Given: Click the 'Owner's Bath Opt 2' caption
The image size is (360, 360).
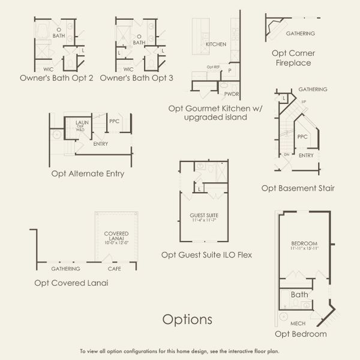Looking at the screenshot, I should click(56, 78).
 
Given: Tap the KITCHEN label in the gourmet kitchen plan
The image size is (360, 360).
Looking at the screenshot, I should click(215, 45).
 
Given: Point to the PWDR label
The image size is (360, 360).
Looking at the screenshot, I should click(232, 94).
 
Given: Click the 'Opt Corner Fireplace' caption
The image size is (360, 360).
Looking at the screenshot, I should click(293, 58).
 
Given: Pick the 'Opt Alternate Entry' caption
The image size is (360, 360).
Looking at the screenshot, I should click(88, 174).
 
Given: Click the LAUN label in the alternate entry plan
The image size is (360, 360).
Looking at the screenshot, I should click(82, 122).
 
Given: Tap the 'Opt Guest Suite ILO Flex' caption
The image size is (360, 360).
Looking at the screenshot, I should click(206, 255).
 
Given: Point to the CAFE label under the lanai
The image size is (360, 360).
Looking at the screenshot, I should click(114, 269).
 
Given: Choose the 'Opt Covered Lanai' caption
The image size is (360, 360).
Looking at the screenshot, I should click(71, 283).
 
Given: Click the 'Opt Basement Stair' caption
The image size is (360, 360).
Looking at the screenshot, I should click(298, 188).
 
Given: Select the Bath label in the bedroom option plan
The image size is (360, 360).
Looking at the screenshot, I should click(299, 295).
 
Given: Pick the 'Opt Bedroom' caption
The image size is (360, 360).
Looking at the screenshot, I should click(301, 334).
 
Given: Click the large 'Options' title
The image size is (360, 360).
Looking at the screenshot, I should click(187, 319).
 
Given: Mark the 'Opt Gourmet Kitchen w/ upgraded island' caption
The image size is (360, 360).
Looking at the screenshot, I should click(208, 113).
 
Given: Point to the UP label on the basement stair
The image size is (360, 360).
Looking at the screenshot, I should click(302, 101).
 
